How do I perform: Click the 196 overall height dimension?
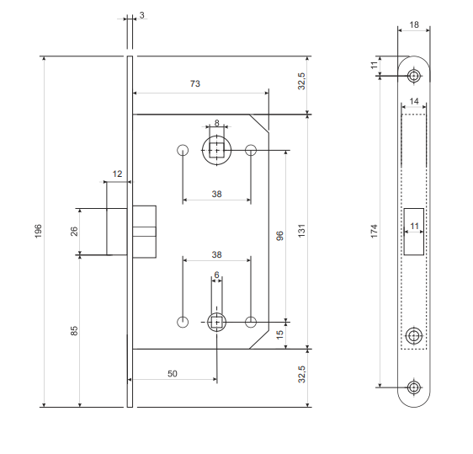39,232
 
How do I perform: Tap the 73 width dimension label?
195,83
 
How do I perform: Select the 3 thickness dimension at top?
141,15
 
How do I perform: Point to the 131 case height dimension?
301,231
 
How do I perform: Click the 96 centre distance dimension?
280,236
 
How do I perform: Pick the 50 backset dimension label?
173,374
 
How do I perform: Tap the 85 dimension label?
74,330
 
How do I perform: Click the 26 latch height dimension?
74,232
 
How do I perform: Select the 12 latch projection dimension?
117,174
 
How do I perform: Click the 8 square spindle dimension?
217,123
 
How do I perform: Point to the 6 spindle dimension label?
216,275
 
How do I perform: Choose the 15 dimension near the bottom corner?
280,334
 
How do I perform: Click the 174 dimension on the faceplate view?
374,232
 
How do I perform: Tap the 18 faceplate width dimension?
414,24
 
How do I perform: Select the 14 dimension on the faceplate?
414,101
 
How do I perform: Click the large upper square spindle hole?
217,150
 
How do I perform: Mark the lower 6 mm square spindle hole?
216,323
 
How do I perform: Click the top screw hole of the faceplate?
414,76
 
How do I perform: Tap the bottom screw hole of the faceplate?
414,387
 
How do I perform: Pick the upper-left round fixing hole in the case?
183,150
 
